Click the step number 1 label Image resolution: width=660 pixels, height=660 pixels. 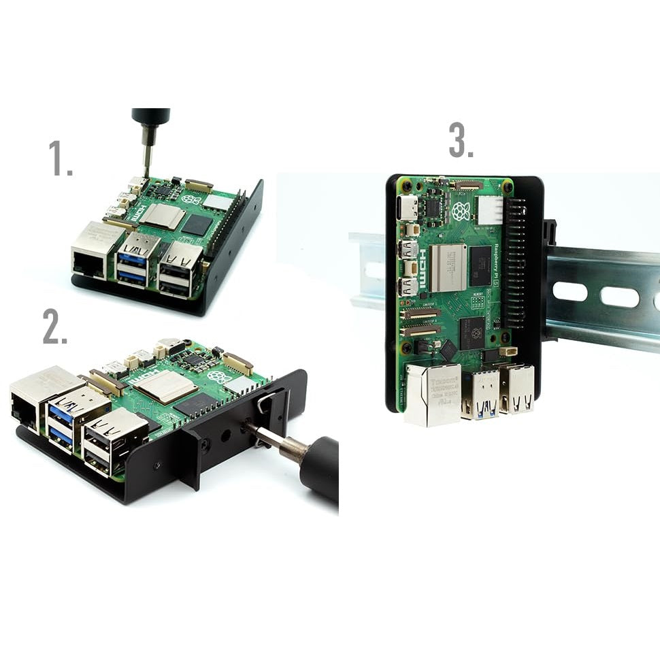coord(60,159)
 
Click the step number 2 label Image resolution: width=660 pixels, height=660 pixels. coord(54,327)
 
